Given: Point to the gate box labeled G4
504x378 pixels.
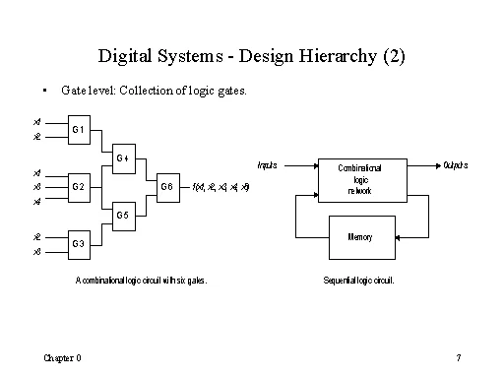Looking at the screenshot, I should [122, 157].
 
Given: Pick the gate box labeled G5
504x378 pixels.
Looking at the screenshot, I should [122, 214].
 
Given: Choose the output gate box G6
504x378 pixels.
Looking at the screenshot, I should [166, 185].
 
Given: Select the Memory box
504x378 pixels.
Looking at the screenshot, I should [359, 237].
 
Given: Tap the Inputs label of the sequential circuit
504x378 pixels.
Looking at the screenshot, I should [267, 164].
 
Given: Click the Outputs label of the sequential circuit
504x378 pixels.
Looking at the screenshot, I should [456, 164].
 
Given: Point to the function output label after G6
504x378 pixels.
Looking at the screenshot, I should [221, 185].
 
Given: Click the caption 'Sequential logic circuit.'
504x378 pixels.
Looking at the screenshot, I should [358, 281].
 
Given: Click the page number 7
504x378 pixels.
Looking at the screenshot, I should [459, 355].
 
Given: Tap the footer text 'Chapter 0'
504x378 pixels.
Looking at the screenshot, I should [61, 355].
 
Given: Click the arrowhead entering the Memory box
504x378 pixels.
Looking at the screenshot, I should [424, 237].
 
